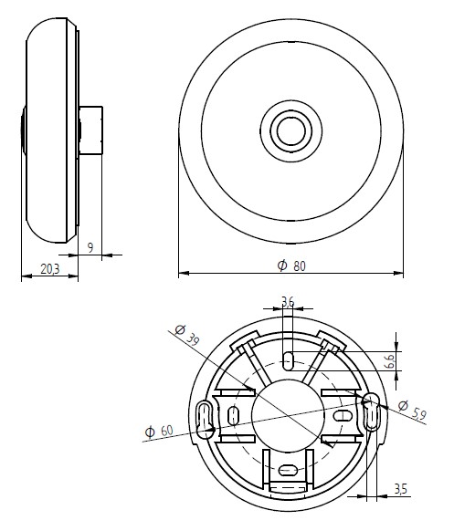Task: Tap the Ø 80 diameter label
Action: [x=290, y=264]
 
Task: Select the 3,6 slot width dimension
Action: [x=288, y=302]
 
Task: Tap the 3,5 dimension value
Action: [x=400, y=491]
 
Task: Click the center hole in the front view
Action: [x=291, y=129]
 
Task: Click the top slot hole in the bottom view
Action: [x=288, y=359]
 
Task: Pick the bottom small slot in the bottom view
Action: [x=288, y=471]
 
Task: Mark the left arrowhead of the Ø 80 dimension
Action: [x=182, y=272]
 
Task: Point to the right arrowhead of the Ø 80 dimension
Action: [x=400, y=272]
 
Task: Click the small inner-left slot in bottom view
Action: [x=234, y=416]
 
